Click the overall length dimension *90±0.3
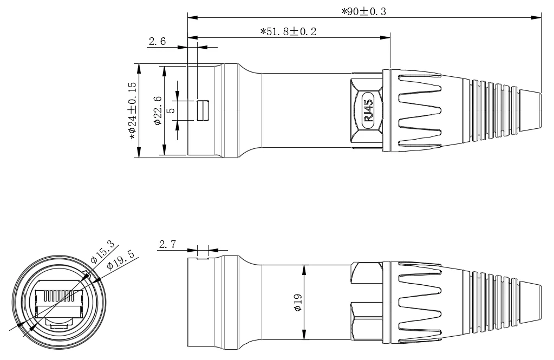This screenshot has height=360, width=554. pyautogui.click(x=363, y=11)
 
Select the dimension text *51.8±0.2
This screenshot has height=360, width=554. pyautogui.click(x=288, y=32)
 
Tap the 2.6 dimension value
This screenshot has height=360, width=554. pyautogui.click(x=157, y=42)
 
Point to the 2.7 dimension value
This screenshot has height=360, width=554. pyautogui.click(x=167, y=245)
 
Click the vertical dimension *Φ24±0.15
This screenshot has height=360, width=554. pyautogui.click(x=132, y=111)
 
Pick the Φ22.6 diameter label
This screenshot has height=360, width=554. pyautogui.click(x=158, y=111)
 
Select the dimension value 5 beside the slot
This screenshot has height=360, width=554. pyautogui.click(x=171, y=110)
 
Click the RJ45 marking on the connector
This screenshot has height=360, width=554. pyautogui.click(x=368, y=110)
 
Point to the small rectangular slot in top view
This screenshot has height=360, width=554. pyautogui.click(x=203, y=110)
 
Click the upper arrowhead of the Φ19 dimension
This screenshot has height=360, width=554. pyautogui.click(x=305, y=269)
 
